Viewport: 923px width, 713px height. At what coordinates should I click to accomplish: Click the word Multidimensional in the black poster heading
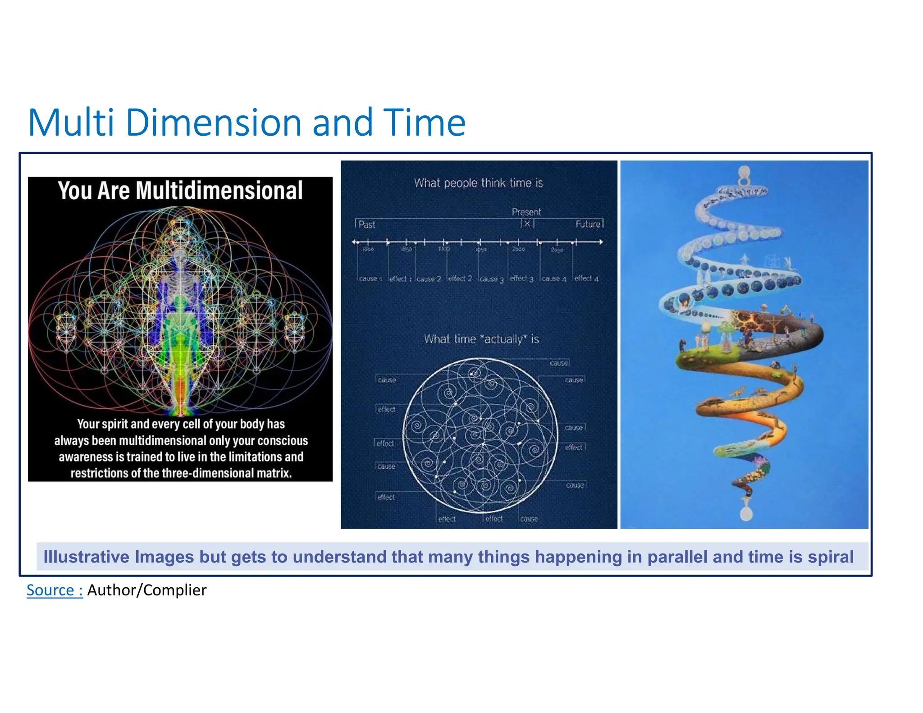point(219,190)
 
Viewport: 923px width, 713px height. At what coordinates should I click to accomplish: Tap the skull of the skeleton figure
point(180,257)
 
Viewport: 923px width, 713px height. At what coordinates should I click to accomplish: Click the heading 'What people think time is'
point(478,183)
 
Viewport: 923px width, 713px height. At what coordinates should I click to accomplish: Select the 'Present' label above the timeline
point(526,212)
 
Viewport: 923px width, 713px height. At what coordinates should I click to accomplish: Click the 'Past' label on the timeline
point(366,224)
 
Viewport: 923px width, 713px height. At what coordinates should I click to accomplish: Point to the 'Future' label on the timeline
point(588,224)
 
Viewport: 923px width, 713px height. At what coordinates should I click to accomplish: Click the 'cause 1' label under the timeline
point(370,279)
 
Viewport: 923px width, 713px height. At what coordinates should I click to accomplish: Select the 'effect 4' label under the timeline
point(586,279)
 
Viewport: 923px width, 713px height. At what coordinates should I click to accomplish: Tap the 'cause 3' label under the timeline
point(491,279)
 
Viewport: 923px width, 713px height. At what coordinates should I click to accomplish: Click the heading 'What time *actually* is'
point(481,339)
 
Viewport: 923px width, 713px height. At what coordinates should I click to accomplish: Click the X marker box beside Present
point(527,224)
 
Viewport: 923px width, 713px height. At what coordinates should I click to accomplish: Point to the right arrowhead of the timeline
point(600,242)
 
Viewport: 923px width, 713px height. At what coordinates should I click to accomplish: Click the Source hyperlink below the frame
point(55,590)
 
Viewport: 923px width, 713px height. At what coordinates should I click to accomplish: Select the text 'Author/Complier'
point(146,590)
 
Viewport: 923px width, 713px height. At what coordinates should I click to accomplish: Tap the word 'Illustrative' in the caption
point(86,557)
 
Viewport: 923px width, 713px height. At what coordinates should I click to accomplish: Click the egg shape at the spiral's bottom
point(746,513)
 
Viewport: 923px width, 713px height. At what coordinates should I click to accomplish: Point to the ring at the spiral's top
point(744,172)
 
